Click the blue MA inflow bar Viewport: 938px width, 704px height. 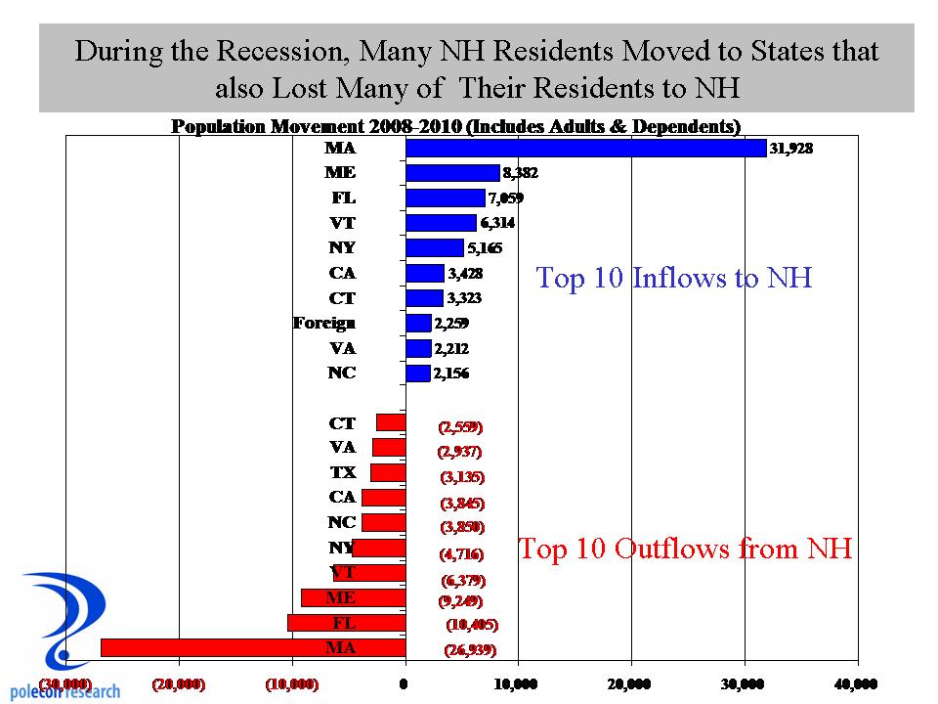[x=585, y=148]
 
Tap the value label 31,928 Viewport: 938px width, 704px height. [x=792, y=148]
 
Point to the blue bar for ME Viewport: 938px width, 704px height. [x=452, y=173]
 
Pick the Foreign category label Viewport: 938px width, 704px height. [x=324, y=323]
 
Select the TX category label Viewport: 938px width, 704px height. [x=342, y=472]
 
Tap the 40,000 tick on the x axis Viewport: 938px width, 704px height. [x=857, y=683]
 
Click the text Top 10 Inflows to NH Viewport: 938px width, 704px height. [x=674, y=279]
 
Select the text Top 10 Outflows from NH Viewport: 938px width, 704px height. [x=685, y=549]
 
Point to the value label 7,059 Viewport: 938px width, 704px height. [x=506, y=198]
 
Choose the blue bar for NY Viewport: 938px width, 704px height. [x=434, y=247]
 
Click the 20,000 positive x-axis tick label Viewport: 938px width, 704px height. [x=631, y=683]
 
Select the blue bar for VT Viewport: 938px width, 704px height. [x=441, y=223]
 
